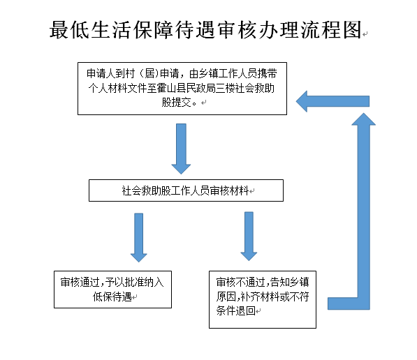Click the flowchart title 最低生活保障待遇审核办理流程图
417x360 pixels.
point(205,29)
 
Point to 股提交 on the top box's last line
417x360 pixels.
point(176,103)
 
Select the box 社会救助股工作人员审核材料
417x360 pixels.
point(186,190)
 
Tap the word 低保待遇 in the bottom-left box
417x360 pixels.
point(112,297)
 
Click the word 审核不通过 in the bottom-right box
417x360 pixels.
point(241,282)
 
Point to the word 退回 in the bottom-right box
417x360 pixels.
point(245,310)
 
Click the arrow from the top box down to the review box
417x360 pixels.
point(181,149)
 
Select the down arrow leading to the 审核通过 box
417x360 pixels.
point(138,237)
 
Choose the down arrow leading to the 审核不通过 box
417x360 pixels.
point(249,237)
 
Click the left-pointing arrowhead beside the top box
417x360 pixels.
point(302,101)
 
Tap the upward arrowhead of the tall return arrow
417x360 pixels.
point(363,119)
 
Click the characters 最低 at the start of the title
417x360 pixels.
point(70,29)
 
